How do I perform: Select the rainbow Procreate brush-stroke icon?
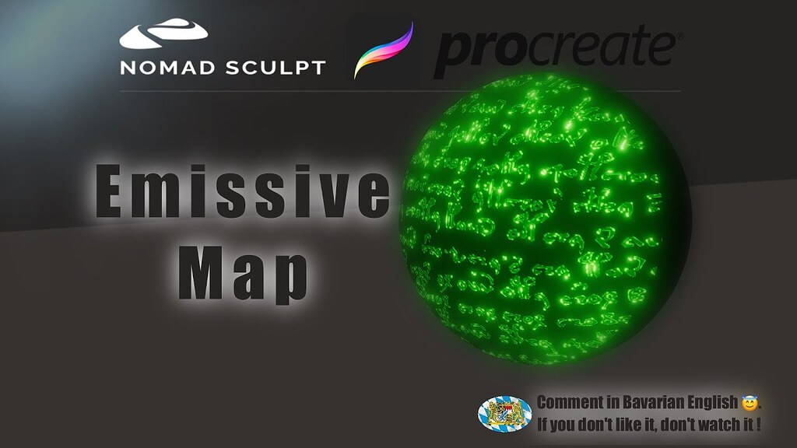[x=383, y=51]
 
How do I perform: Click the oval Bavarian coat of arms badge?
[x=504, y=414]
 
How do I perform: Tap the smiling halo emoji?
[x=750, y=403]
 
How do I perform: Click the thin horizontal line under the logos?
[x=399, y=91]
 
